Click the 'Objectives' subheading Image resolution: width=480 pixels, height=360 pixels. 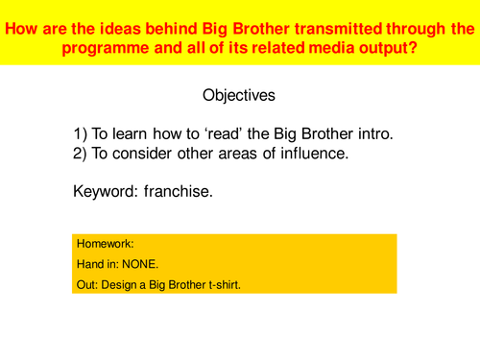pyautogui.click(x=239, y=96)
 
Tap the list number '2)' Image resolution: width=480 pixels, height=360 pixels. pyautogui.click(x=81, y=154)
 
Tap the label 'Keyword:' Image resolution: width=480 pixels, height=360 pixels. pyautogui.click(x=106, y=191)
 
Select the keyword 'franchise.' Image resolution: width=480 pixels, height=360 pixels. pyautogui.click(x=179, y=191)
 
